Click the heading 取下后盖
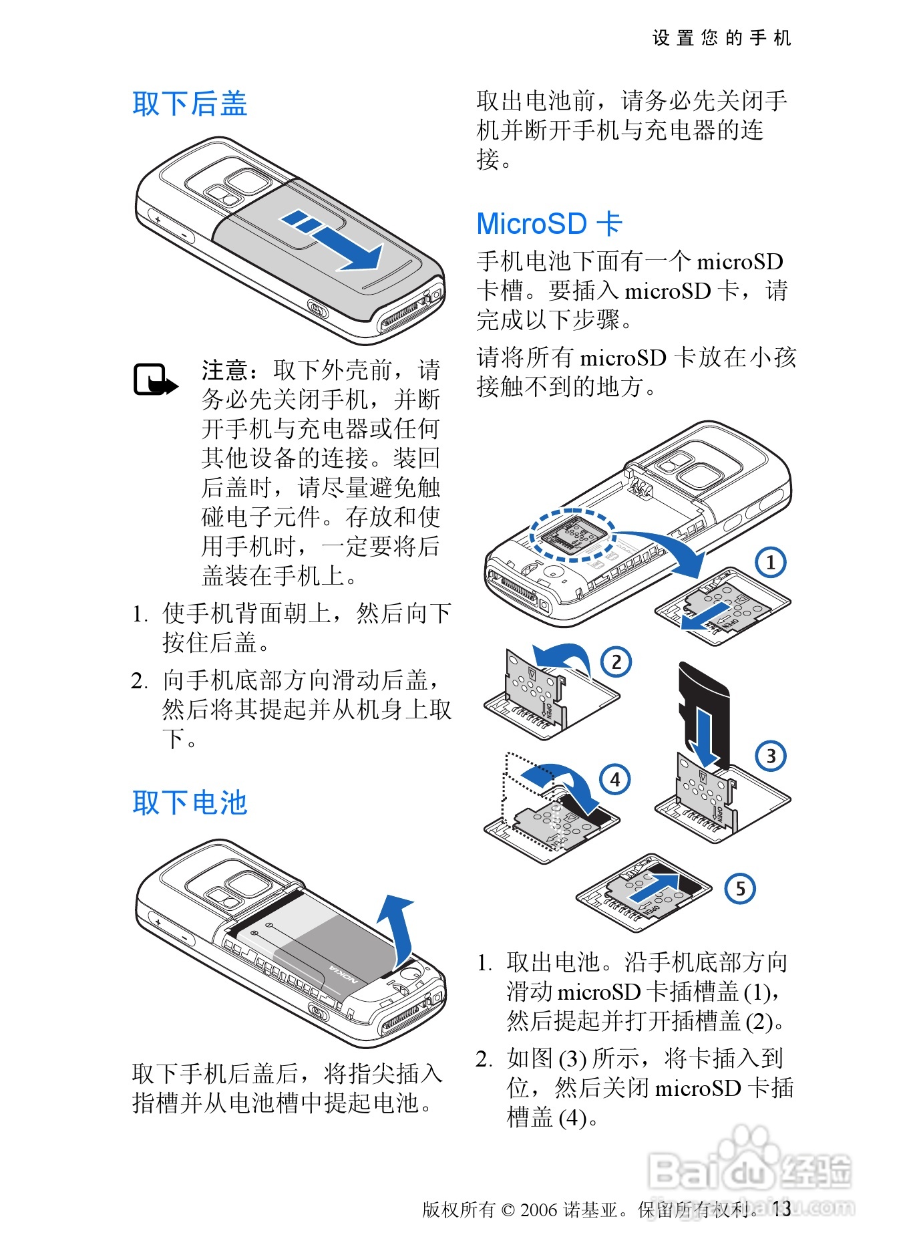pyautogui.click(x=190, y=104)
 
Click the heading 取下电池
pyautogui.click(x=190, y=803)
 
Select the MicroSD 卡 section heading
pyautogui.click(x=549, y=224)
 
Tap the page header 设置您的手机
pyautogui.click(x=722, y=38)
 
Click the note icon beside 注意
pyautogui.click(x=156, y=380)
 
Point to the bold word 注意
pyautogui.click(x=225, y=370)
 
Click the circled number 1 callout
pyautogui.click(x=771, y=562)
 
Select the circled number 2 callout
pyautogui.click(x=616, y=662)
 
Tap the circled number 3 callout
pyautogui.click(x=771, y=756)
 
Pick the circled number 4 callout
pyautogui.click(x=615, y=779)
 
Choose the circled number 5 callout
pyautogui.click(x=740, y=889)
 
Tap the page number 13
pyautogui.click(x=781, y=1208)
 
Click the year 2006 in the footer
pyautogui.click(x=538, y=1210)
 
